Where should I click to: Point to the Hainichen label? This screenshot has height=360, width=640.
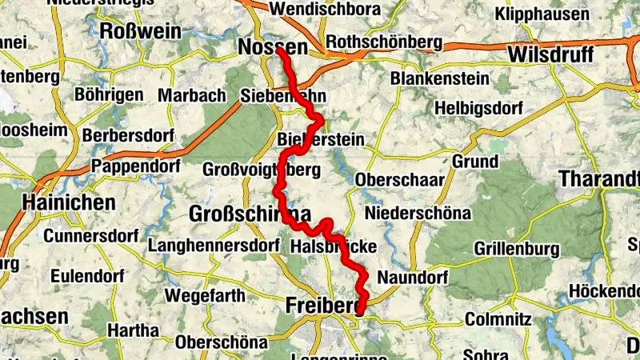(x=70, y=202)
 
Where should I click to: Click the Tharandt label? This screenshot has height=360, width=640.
(x=600, y=178)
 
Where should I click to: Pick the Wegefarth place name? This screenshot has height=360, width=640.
(x=206, y=295)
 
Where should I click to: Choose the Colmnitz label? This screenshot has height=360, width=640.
(x=499, y=318)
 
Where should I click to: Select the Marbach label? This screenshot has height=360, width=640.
(x=192, y=95)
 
